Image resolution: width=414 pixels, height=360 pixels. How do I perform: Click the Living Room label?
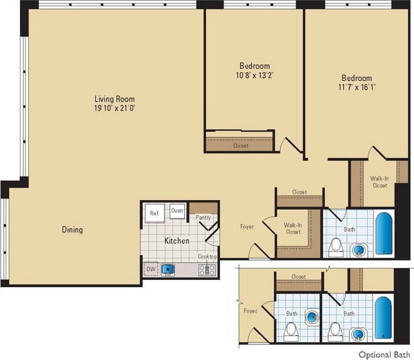115,98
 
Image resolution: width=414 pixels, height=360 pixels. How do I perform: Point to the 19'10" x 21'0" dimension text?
115,107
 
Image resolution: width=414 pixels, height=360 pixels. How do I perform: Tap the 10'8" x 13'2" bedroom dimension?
254,75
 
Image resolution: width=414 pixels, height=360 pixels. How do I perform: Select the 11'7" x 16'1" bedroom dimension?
357,87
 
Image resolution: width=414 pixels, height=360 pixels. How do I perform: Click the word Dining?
72,230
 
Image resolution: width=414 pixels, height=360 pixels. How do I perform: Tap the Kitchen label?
176,241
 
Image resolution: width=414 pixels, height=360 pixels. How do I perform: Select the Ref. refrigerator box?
154,213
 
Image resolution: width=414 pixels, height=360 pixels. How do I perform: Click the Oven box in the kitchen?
177,211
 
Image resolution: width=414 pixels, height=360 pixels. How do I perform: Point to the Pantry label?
203,217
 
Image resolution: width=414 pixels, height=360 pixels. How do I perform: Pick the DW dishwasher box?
151,269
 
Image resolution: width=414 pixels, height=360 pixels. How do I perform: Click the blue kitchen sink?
168,269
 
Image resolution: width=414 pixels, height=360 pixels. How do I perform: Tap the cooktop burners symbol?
206,270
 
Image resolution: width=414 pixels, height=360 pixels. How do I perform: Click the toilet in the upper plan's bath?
336,246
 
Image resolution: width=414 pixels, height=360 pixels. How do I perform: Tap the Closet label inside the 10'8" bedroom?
241,146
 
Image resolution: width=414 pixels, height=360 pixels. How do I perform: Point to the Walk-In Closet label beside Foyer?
293,227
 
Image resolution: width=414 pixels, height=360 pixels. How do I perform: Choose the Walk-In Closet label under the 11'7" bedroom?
379,182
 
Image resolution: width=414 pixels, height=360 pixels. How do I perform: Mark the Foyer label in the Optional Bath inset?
250,311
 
